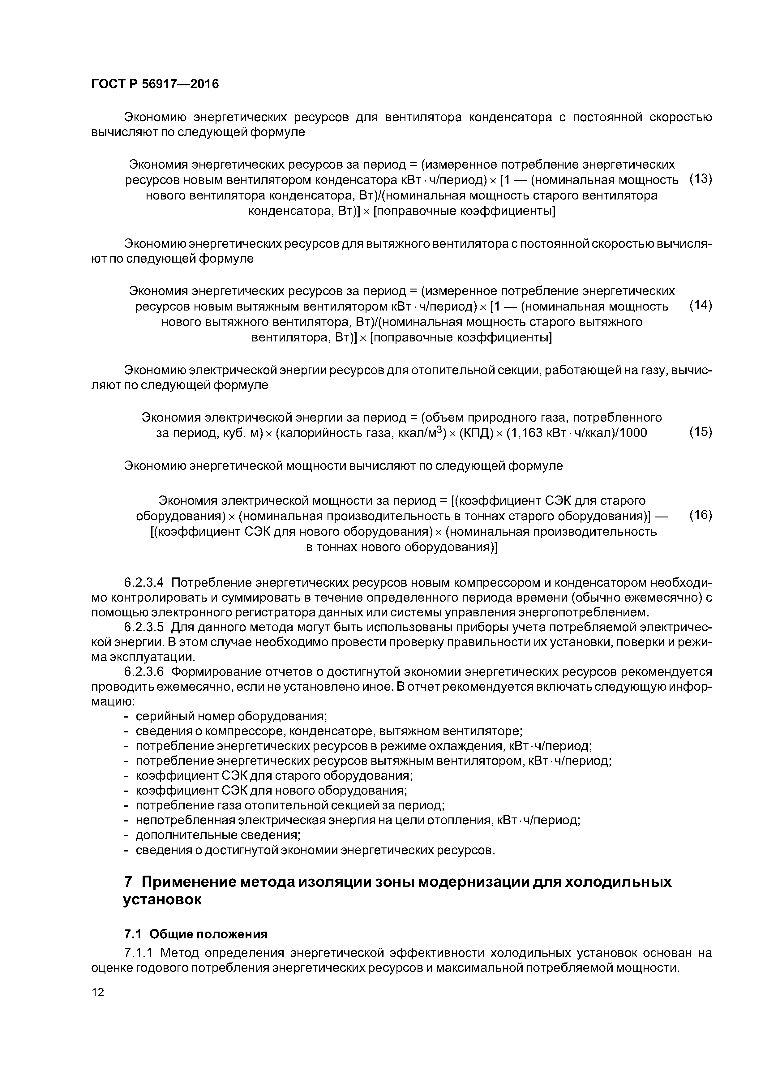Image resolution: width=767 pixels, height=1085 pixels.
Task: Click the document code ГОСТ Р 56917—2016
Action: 155,84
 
